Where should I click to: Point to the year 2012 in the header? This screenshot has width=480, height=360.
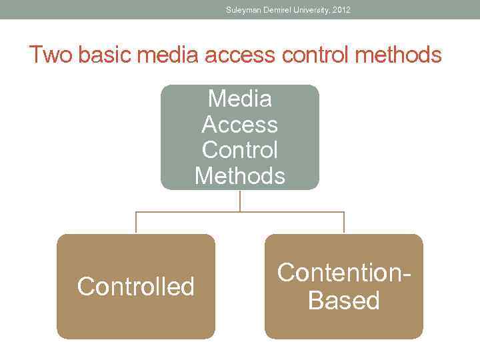click(341, 10)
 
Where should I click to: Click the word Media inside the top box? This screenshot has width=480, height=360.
click(240, 99)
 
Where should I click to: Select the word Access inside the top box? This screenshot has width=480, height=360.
click(240, 125)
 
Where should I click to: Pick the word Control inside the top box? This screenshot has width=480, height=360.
click(240, 150)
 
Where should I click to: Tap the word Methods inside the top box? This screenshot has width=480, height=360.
click(240, 176)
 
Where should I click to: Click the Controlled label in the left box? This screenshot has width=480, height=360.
click(136, 287)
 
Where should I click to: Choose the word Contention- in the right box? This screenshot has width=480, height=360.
click(344, 273)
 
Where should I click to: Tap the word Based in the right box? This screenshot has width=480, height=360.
click(344, 301)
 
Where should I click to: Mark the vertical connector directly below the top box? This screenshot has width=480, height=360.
click(240, 201)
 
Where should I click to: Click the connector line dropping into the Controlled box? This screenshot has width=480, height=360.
click(136, 223)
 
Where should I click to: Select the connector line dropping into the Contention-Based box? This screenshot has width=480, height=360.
click(344, 223)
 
